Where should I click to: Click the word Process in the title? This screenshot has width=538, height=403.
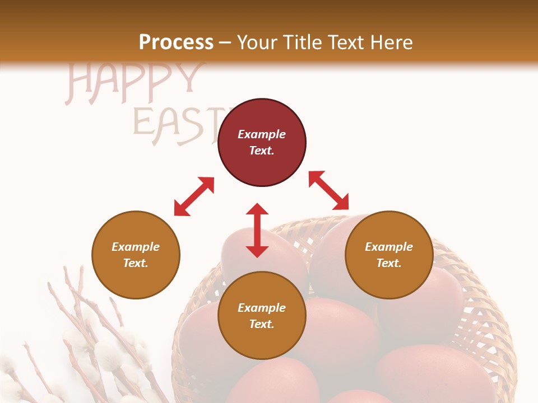[x=176, y=43]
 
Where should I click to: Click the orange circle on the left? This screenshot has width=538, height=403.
[x=136, y=255]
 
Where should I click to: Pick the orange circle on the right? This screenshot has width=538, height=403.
[x=389, y=255]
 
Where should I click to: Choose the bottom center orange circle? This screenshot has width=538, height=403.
[x=262, y=315]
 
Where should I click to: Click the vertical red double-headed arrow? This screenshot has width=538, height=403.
[x=257, y=230]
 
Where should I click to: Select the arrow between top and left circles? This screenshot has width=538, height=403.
[x=194, y=196]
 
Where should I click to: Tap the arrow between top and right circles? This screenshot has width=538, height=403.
[x=329, y=190]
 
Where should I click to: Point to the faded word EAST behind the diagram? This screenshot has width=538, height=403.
[x=174, y=124]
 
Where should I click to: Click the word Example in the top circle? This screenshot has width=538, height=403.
[x=262, y=134]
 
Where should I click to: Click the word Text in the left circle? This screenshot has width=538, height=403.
[x=136, y=263]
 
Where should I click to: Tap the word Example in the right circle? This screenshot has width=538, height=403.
[x=389, y=247]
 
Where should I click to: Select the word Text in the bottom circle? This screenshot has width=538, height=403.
[x=262, y=324]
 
